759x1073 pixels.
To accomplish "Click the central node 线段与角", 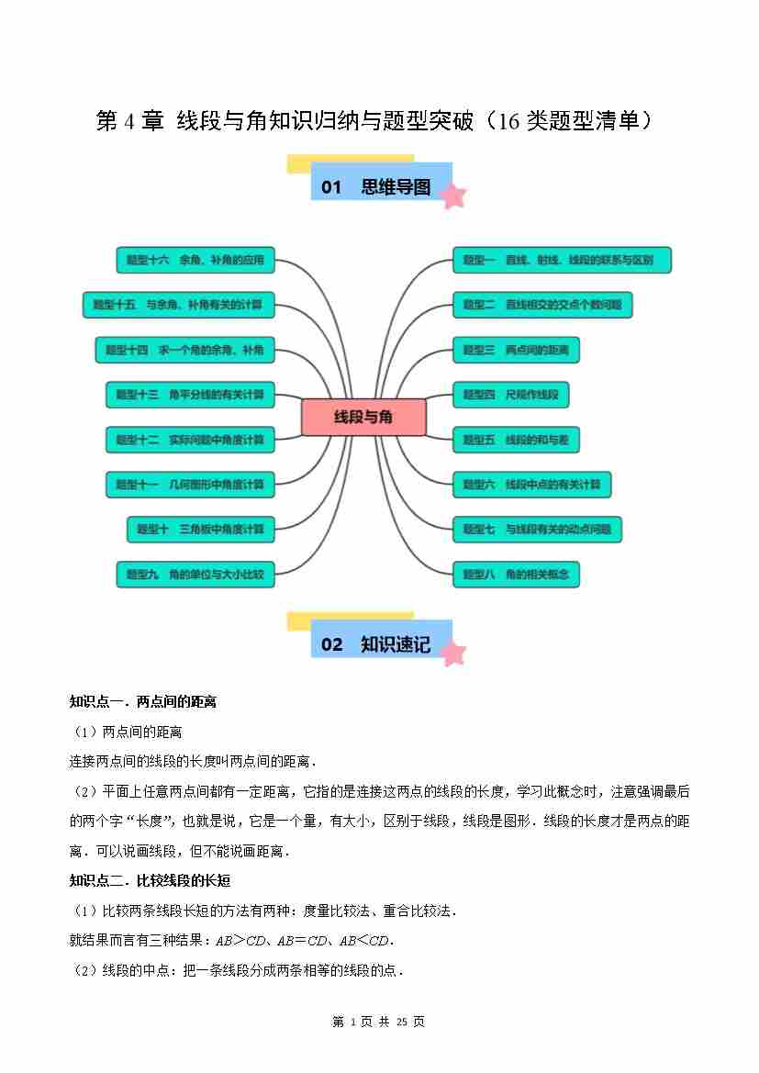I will coord(363,417).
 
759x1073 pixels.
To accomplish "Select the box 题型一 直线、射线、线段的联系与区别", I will coord(562,260).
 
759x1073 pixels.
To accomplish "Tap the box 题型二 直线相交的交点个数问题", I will coord(542,305).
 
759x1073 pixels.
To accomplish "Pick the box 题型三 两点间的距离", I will coord(516,350).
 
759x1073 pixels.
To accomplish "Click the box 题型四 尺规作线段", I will coord(510,395).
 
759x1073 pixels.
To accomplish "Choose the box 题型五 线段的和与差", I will coord(516,440).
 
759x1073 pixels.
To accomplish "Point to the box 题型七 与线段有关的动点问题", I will coord(537,530).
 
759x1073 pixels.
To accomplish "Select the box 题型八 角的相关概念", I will coord(516,575).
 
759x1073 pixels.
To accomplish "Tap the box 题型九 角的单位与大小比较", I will coord(195,575).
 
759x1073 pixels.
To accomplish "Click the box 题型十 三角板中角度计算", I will coord(200,530).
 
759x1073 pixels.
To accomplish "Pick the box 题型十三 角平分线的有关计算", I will coord(189,395).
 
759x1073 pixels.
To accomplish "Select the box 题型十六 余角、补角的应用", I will coord(195,260).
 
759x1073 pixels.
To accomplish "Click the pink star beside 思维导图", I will coord(452,196).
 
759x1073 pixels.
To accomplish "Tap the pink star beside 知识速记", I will coord(452,653).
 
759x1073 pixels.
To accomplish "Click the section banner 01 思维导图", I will coord(376,187).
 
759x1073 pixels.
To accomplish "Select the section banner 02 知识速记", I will coord(376,644).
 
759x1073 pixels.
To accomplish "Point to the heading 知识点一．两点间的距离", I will coord(143,702).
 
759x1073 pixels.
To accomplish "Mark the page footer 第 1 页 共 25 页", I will coord(378,1022).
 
